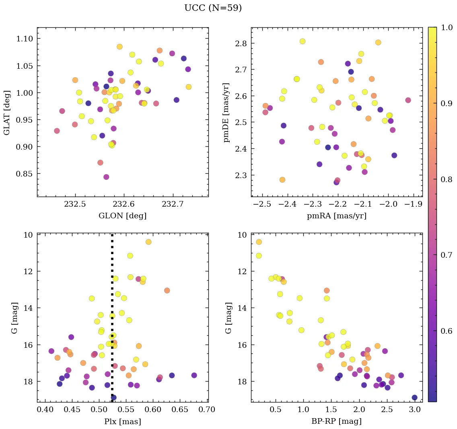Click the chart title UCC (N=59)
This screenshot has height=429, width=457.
213,8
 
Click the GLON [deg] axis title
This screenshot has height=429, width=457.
123,216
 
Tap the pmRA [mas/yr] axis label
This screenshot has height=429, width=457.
337,216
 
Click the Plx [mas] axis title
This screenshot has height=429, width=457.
123,421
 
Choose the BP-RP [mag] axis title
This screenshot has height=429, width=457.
337,421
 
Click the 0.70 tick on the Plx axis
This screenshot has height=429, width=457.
208,410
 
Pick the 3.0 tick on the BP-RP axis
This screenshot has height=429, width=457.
414,410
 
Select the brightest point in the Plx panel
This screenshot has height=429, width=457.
148,242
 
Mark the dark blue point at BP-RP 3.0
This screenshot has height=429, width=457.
414,398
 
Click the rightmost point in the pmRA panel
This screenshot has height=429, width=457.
408,100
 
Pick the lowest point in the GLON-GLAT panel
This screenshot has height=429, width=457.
106,177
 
